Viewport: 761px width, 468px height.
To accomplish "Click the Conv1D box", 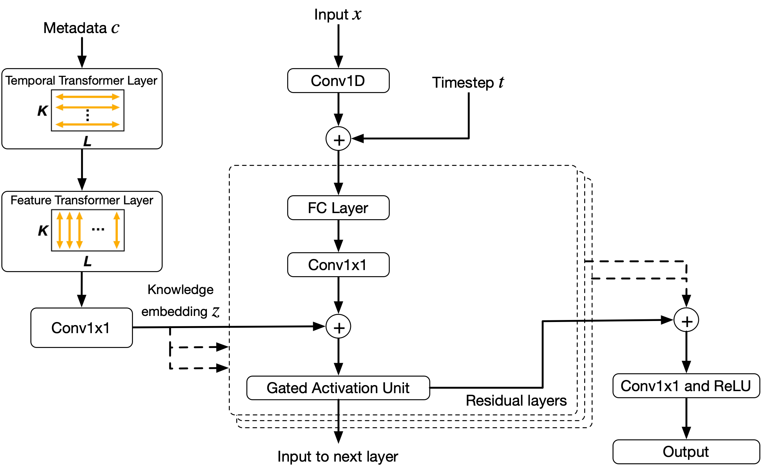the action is [338, 81].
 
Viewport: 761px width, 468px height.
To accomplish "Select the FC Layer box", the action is [338, 208].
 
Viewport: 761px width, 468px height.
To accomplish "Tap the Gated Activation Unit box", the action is [338, 388].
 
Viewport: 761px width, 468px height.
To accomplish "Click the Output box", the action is [686, 452].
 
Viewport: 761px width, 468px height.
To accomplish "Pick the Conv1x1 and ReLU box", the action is [686, 386].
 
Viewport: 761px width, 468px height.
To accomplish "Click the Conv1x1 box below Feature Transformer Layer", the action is [81, 328].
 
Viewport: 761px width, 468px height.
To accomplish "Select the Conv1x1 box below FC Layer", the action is [338, 265].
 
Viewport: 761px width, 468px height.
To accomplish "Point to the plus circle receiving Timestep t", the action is [338, 139].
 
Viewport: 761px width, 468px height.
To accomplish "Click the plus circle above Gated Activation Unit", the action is [338, 327].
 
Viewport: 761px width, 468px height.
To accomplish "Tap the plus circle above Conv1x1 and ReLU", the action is [686, 320].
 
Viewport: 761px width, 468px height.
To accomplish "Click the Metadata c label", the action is [81, 28].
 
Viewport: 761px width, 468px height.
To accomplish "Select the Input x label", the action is [338, 14].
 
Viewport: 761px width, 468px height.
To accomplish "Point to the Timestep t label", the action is [468, 83].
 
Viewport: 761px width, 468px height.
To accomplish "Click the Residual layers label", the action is [516, 401].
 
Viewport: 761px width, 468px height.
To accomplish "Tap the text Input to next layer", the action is [338, 457].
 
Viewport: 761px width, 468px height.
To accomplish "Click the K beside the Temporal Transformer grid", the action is [43, 111].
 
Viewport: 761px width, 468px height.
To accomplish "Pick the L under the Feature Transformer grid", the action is [87, 261].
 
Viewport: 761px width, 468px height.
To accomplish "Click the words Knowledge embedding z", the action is [181, 301].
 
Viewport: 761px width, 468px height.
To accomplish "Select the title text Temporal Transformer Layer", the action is [81, 81].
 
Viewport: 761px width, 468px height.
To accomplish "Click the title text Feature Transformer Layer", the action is [82, 200].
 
